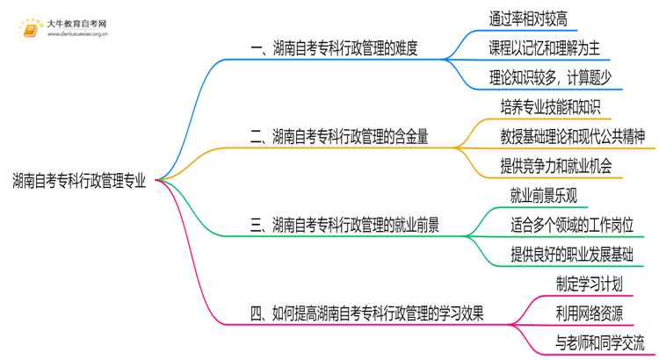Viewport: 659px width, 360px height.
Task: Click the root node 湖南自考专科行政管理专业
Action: pos(80,181)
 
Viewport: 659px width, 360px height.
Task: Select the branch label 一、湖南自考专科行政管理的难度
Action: pos(333,49)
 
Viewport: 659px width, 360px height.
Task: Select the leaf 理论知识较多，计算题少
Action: pos(555,77)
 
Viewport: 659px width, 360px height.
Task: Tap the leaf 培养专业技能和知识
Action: pos(550,107)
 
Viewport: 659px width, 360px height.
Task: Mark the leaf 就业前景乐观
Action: pos(543,195)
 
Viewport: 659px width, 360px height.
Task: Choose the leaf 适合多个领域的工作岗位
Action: pos(571,224)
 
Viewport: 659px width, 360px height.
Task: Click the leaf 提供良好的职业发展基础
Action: pos(571,254)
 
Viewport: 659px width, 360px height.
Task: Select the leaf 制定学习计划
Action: pos(589,283)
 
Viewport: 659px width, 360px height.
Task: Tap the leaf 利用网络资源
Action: pos(589,312)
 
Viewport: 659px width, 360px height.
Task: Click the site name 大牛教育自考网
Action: pos(77,23)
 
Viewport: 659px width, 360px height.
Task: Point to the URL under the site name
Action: pos(77,36)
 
